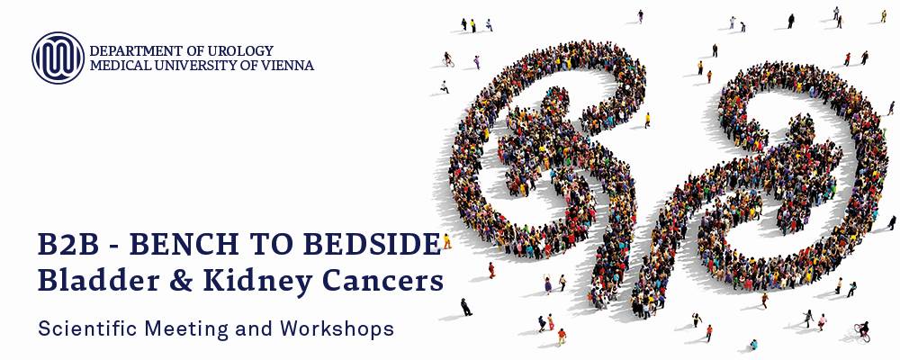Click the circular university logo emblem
click(58, 58)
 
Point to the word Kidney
click(247, 283)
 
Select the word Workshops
click(337, 329)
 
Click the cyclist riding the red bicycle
click(863, 331)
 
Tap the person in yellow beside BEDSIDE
click(446, 241)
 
